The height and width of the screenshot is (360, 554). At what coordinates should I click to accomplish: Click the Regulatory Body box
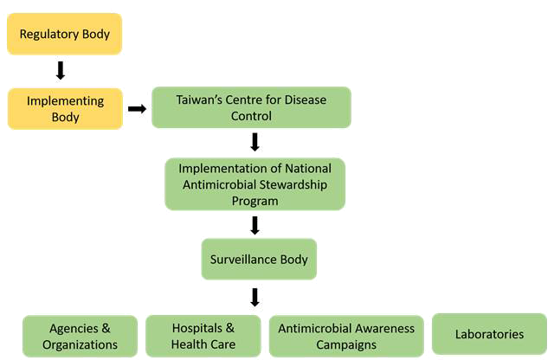[x=65, y=35]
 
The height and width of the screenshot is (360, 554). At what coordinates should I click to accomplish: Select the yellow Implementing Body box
[x=65, y=109]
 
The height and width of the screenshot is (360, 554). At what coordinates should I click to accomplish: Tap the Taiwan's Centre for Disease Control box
[x=251, y=108]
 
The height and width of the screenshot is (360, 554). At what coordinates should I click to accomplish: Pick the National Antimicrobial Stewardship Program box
[x=254, y=183]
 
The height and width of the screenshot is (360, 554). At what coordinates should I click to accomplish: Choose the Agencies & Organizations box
[x=80, y=336]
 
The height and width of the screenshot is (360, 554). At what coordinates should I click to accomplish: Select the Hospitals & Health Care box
[x=203, y=336]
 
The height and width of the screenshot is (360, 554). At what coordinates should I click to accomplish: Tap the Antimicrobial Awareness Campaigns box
[x=346, y=336]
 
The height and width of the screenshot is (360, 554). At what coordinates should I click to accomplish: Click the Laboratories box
[x=489, y=333]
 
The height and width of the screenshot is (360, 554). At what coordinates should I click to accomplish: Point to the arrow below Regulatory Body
[x=61, y=70]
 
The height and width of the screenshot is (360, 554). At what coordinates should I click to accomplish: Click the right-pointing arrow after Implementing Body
[x=137, y=109]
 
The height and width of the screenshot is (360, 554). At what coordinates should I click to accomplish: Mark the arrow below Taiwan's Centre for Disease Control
[x=254, y=142]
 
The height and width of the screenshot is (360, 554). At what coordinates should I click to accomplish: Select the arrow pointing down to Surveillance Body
[x=254, y=225]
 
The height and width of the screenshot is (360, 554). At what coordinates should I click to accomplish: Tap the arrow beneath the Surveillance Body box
[x=254, y=297]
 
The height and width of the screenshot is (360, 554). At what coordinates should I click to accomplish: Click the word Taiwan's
[x=201, y=100]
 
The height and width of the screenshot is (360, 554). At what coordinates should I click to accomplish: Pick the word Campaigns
[x=346, y=344]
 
